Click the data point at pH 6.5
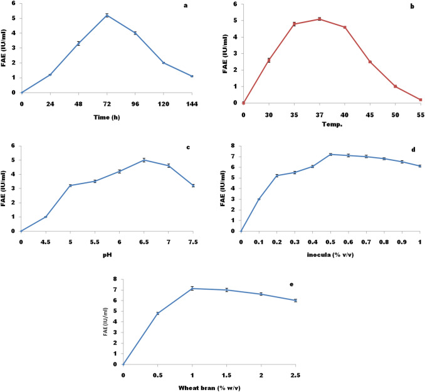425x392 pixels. coord(144,160)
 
